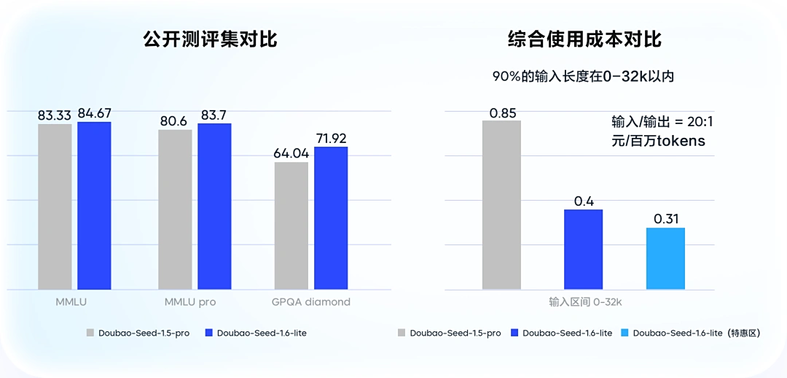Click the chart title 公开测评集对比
pos(211,39)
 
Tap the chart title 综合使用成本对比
pos(584,39)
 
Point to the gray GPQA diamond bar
pos(291,225)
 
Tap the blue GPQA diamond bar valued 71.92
pos(331,218)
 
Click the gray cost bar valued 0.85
pos(501,205)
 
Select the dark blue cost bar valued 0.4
pos(583,250)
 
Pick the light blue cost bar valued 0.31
pos(665,258)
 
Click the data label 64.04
pos(291,153)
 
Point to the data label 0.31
pos(666,219)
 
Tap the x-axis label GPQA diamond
pos(311,302)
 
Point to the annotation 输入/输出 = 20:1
pos(662,121)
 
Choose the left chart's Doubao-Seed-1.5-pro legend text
pos(144,333)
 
